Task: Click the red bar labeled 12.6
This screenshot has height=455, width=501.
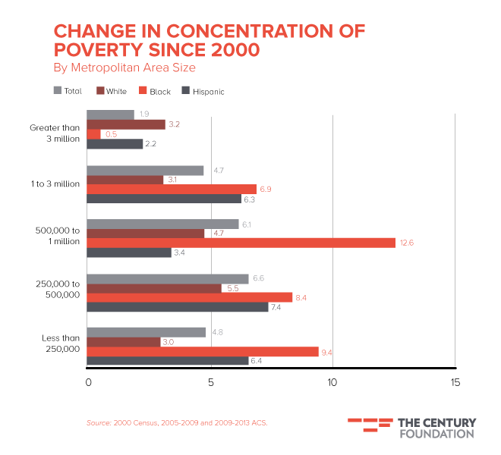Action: pyautogui.click(x=241, y=243)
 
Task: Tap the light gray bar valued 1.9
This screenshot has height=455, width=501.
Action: pyautogui.click(x=111, y=115)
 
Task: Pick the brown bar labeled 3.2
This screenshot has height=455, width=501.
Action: pyautogui.click(x=125, y=124)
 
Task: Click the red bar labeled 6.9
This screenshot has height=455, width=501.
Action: pyautogui.click(x=172, y=189)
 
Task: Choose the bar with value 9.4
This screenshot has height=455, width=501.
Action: pyautogui.click(x=202, y=351)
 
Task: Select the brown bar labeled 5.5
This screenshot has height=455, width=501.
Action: pyautogui.click(x=154, y=288)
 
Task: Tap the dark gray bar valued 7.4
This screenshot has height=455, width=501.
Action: pyautogui.click(x=178, y=308)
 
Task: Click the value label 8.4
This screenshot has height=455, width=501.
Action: pyautogui.click(x=301, y=298)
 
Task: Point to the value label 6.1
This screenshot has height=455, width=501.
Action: pyautogui.click(x=247, y=224)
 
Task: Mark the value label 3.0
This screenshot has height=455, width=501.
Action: pyautogui.click(x=168, y=342)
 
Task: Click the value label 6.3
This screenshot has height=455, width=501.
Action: pyautogui.click(x=249, y=199)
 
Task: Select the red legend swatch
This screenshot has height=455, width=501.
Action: pyautogui.click(x=142, y=90)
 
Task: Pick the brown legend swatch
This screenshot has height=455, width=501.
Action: pyautogui.click(x=100, y=90)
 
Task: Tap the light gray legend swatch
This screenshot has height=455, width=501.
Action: pyautogui.click(x=57, y=90)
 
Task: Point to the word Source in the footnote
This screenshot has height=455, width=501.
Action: pyautogui.click(x=98, y=422)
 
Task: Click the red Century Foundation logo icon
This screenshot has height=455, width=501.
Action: pyautogui.click(x=370, y=425)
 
